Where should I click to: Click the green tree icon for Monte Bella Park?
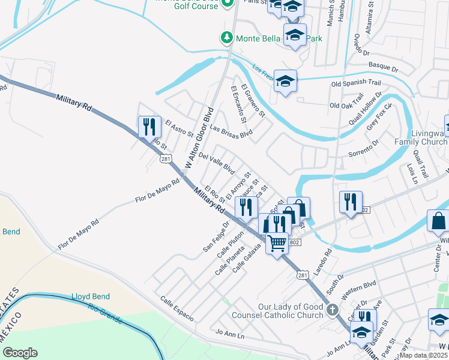click(227, 38)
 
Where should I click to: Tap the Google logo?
click(20, 353)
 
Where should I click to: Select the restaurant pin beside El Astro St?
click(149, 128)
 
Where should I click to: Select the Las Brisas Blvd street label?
click(231, 131)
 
